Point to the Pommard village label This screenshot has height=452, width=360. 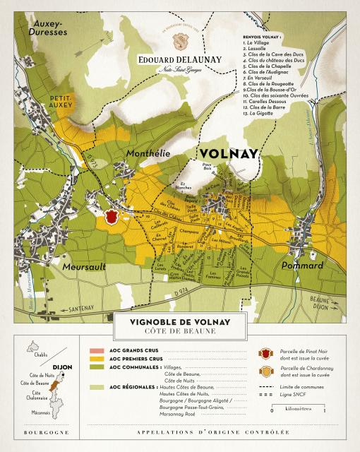302,266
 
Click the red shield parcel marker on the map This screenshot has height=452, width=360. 110,218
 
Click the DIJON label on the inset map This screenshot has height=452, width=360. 63,367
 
